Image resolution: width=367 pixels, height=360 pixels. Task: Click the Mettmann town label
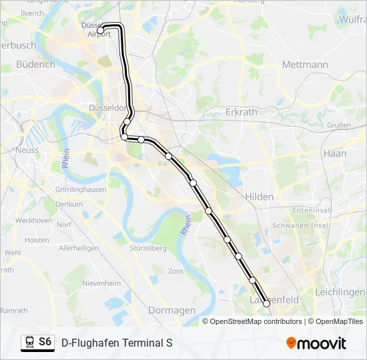click(x=305, y=65)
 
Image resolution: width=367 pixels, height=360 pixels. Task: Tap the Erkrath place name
click(x=241, y=112)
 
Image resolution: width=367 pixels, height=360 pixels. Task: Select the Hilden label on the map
click(x=259, y=197)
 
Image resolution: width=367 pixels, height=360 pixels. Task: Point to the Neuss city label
click(x=27, y=150)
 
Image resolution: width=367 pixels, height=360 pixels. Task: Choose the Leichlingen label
click(x=340, y=292)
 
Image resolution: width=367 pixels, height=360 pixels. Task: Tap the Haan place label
click(x=334, y=153)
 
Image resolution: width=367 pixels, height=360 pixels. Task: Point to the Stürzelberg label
click(x=149, y=248)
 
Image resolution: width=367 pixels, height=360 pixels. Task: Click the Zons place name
click(x=175, y=271)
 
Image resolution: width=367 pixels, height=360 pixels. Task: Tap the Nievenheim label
click(x=101, y=283)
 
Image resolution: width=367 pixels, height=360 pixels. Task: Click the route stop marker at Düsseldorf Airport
click(x=101, y=30)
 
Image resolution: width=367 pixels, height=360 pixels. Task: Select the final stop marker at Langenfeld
click(x=267, y=303)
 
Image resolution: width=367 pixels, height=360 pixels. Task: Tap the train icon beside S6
click(x=29, y=342)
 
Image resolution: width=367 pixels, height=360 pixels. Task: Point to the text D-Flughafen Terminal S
click(x=117, y=343)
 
